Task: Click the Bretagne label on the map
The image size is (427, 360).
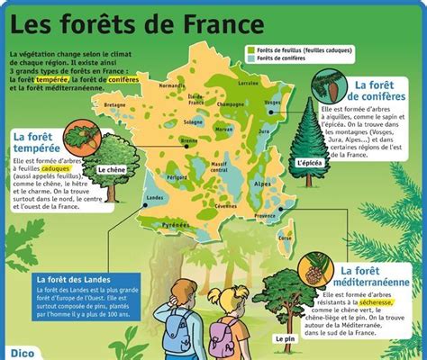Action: click(116, 104)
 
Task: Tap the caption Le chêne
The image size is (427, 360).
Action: click(112, 169)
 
